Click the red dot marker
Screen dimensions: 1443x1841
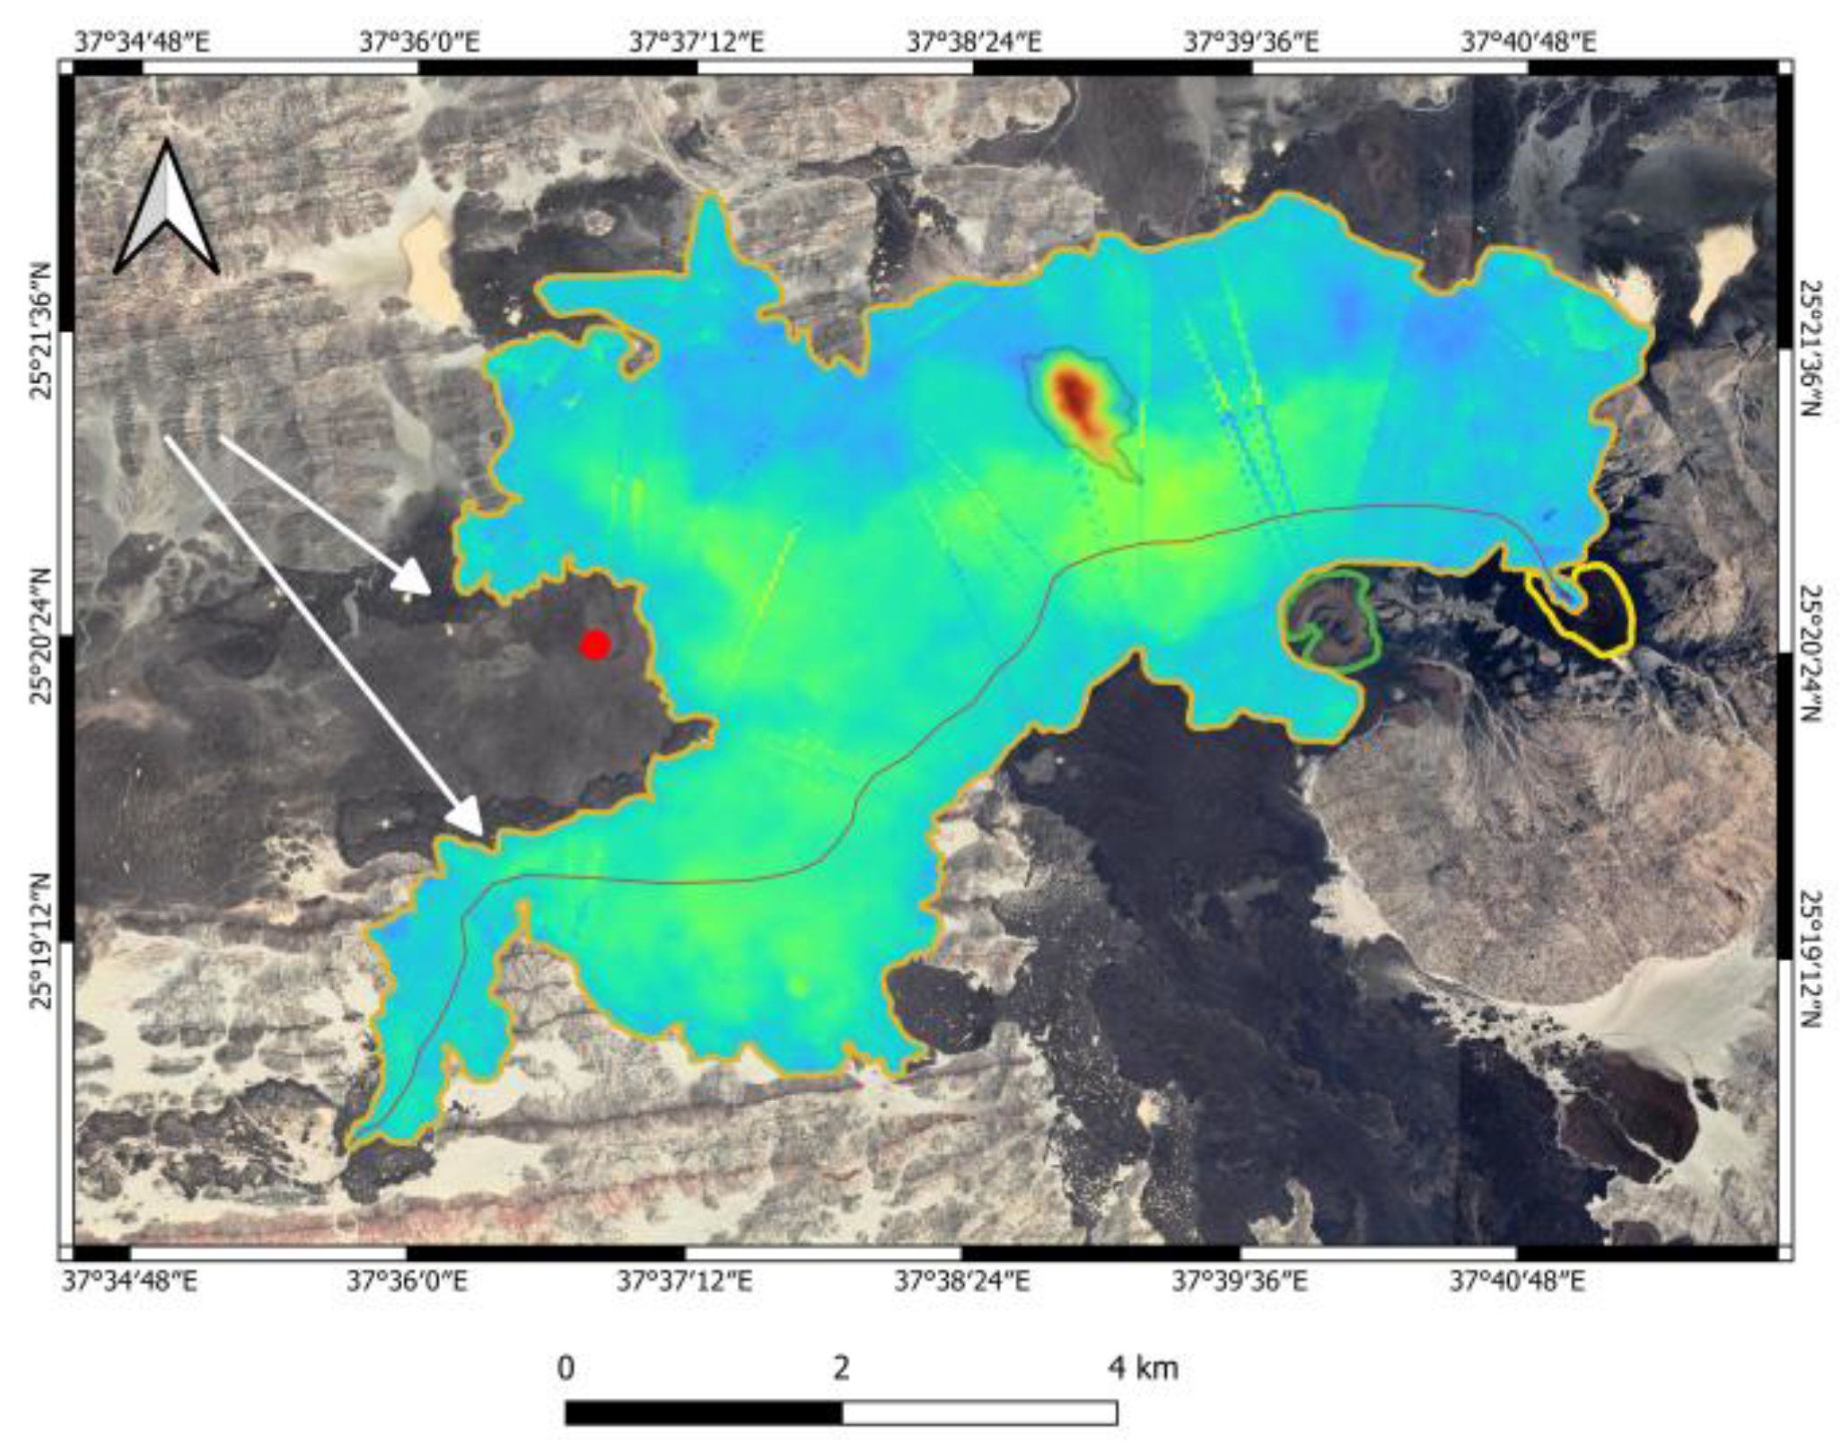(x=595, y=644)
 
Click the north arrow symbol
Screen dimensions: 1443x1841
(x=166, y=210)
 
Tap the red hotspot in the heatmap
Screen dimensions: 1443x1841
(x=1074, y=396)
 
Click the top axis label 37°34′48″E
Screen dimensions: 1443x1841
(x=143, y=42)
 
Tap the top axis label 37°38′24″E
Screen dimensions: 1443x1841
(x=974, y=42)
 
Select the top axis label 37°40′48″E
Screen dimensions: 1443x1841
(x=1529, y=42)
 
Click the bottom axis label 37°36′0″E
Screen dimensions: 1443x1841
(x=407, y=1281)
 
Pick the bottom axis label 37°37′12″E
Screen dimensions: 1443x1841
(x=684, y=1281)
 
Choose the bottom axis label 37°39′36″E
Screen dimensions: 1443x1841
(x=1240, y=1281)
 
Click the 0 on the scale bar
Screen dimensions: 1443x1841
(x=565, y=1368)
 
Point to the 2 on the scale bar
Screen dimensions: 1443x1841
(x=841, y=1368)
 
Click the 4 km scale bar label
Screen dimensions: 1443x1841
(x=1142, y=1368)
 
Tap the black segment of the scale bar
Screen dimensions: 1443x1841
(x=704, y=1412)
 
